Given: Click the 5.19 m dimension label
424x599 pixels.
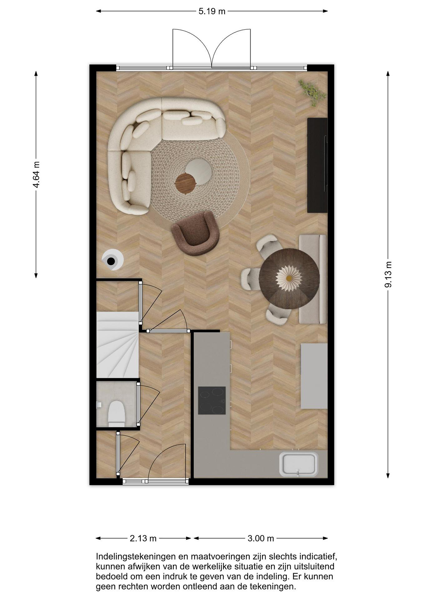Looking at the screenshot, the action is click(x=212, y=11).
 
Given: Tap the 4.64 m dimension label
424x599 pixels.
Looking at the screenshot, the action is click(x=36, y=174).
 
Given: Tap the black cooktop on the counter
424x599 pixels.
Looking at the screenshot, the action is click(x=212, y=400).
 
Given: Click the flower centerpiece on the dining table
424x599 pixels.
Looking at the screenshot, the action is click(x=289, y=278).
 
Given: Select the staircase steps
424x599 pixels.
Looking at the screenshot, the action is click(x=117, y=345).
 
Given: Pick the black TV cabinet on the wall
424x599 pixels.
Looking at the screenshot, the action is click(x=317, y=165).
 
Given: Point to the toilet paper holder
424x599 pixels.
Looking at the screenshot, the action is click(x=99, y=404).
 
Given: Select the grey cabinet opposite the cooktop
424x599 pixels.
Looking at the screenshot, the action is click(x=314, y=376).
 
